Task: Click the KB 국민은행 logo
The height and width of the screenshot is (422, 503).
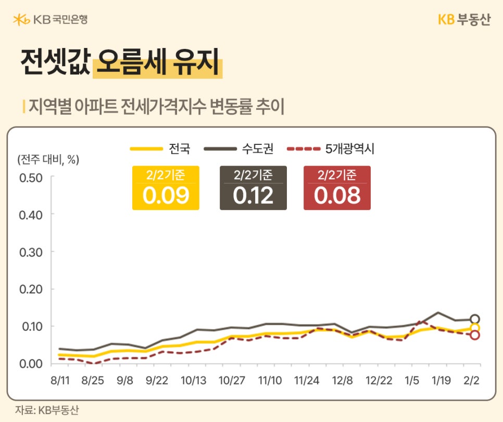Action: tap(51, 20)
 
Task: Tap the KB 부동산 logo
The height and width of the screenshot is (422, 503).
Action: tap(463, 20)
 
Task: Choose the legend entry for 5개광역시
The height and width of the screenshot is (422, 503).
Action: tap(330, 149)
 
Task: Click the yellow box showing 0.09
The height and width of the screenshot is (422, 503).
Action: tap(165, 188)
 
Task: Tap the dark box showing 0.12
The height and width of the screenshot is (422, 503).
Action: tap(253, 188)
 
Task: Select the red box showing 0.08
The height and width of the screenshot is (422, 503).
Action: tap(337, 188)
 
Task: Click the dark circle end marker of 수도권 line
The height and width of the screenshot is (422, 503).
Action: tap(474, 319)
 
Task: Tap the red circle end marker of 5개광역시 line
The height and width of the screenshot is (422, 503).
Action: tap(474, 335)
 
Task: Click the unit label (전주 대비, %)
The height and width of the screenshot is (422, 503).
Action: tap(48, 159)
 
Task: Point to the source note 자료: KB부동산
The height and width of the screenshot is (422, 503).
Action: tap(47, 410)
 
